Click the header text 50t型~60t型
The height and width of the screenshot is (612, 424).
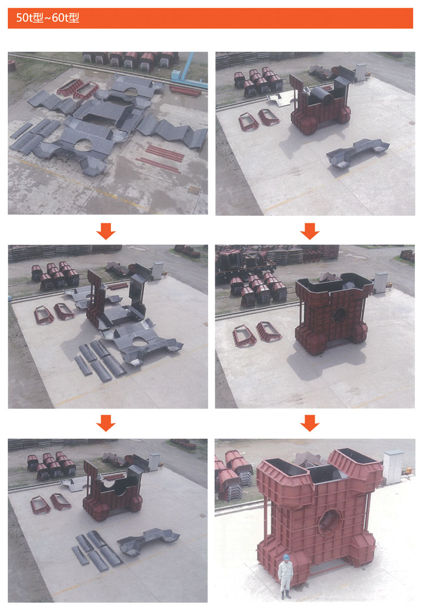coord(47,18)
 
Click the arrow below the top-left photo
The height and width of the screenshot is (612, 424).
coord(106,231)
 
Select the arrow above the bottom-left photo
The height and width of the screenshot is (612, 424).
coord(106,423)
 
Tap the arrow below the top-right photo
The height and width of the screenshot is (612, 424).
coord(310,231)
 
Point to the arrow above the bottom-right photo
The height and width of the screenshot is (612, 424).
coord(310,423)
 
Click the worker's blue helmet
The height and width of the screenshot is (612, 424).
coord(286,557)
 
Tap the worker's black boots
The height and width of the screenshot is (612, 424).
coord(285,594)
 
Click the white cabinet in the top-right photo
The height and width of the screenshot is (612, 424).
coord(361,72)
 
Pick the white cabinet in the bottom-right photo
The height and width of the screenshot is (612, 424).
coord(393,467)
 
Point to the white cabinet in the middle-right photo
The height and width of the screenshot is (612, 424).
coord(380,283)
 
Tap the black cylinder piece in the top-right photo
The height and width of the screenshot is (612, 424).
coord(324,96)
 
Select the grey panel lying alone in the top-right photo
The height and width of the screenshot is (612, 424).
coord(357,152)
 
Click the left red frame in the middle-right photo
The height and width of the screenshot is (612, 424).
coord(244,335)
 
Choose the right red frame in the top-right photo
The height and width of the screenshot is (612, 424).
coord(269,117)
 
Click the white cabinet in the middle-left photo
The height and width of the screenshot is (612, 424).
coord(158,271)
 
